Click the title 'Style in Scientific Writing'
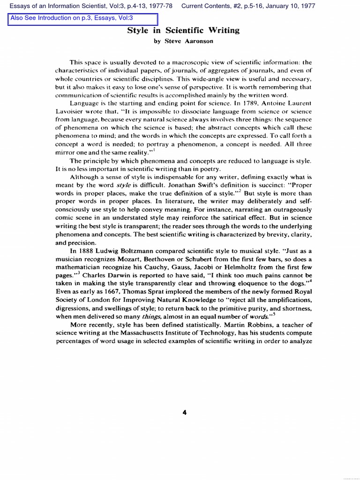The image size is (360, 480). click(183, 30)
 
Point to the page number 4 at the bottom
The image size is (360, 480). click(184, 412)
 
